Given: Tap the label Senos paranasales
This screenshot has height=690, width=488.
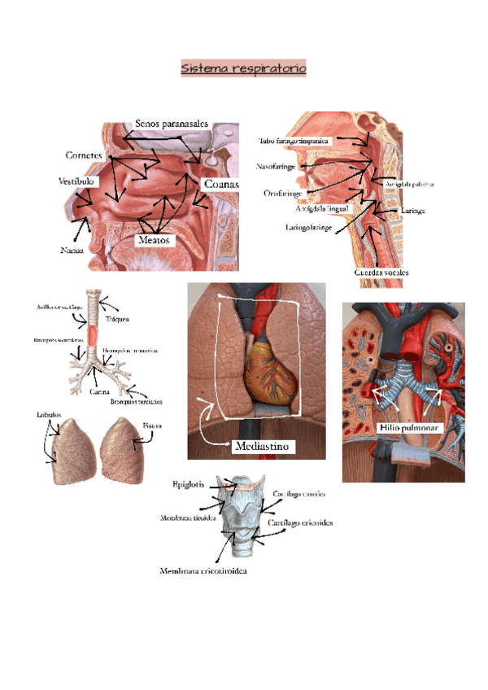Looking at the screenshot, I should click(172, 123).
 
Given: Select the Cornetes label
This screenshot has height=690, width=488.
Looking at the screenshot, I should click(84, 155).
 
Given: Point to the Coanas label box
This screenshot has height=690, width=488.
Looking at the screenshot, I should click(221, 185).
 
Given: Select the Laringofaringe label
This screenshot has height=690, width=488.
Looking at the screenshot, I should click(309, 227).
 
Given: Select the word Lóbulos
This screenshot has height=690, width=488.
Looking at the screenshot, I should click(49, 415).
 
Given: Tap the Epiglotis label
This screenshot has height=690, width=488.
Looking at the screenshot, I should click(192, 485).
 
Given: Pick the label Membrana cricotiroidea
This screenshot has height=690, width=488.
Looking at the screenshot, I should click(203, 571).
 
